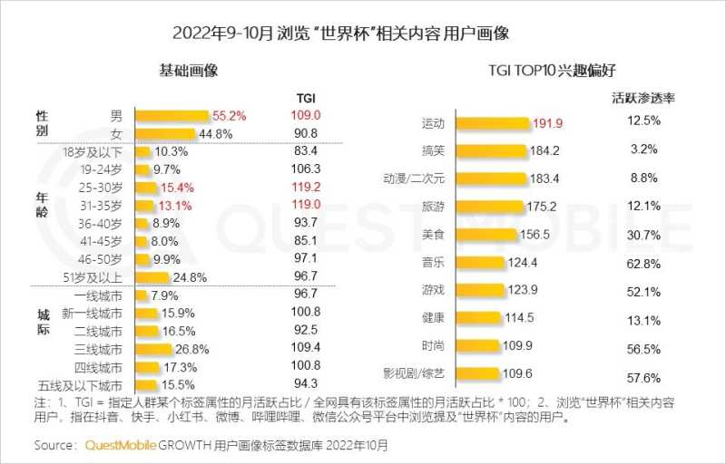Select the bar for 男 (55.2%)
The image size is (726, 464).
point(172,116)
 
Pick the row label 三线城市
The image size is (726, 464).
point(97,349)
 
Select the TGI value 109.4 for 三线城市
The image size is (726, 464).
point(306,348)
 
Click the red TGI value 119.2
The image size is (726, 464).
point(306,186)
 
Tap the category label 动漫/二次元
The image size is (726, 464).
point(417,179)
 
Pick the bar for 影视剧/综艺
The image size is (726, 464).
point(476,372)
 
